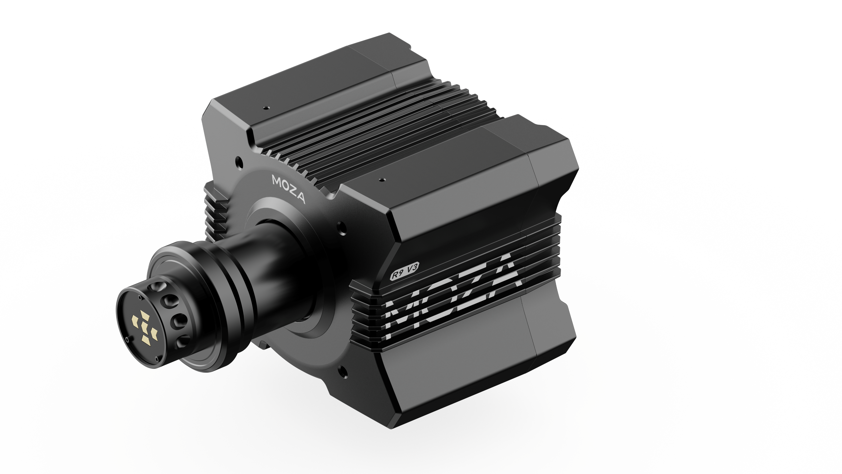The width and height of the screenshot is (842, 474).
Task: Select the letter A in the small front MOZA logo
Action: coord(300,199)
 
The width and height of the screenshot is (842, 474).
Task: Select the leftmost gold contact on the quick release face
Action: coord(135,320)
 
